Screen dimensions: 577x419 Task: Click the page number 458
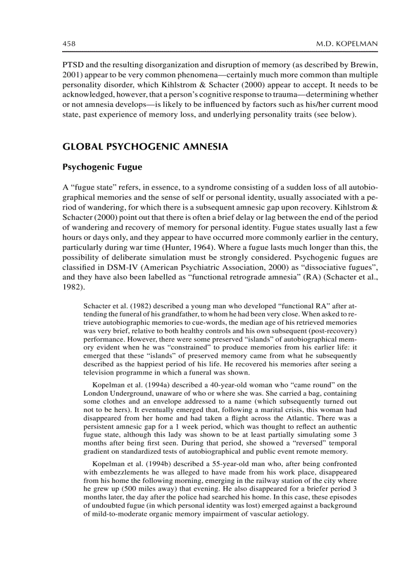pos(69,44)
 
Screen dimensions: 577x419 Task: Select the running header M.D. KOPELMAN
pos(347,44)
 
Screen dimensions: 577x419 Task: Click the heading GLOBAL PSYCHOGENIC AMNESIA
pos(144,147)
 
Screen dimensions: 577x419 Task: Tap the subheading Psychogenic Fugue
pos(96,167)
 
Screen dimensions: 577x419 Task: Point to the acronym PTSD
pos(73,65)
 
